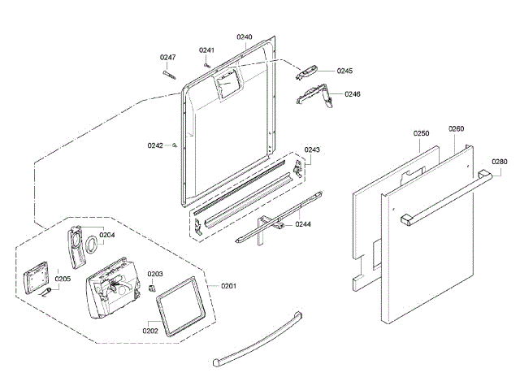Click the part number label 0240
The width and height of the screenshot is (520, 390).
tap(245, 37)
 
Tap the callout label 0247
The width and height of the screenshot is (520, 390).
tap(167, 57)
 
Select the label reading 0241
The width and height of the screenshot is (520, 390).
tap(206, 50)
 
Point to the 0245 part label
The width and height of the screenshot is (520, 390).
tap(344, 71)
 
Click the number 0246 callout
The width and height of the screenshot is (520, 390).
tap(353, 94)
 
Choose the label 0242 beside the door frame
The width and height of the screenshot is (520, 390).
tap(155, 145)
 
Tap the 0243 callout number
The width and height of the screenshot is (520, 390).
tap(312, 149)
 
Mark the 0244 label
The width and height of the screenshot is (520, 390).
tap(302, 223)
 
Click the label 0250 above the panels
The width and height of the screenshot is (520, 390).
tap(420, 132)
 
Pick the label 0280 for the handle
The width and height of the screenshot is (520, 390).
tap(499, 162)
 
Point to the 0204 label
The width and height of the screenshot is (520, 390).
tap(107, 235)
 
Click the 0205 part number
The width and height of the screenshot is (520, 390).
tap(63, 279)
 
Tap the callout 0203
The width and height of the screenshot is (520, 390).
tap(156, 274)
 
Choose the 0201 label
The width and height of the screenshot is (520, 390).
tap(229, 285)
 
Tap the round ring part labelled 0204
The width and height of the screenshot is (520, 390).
tap(92, 245)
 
